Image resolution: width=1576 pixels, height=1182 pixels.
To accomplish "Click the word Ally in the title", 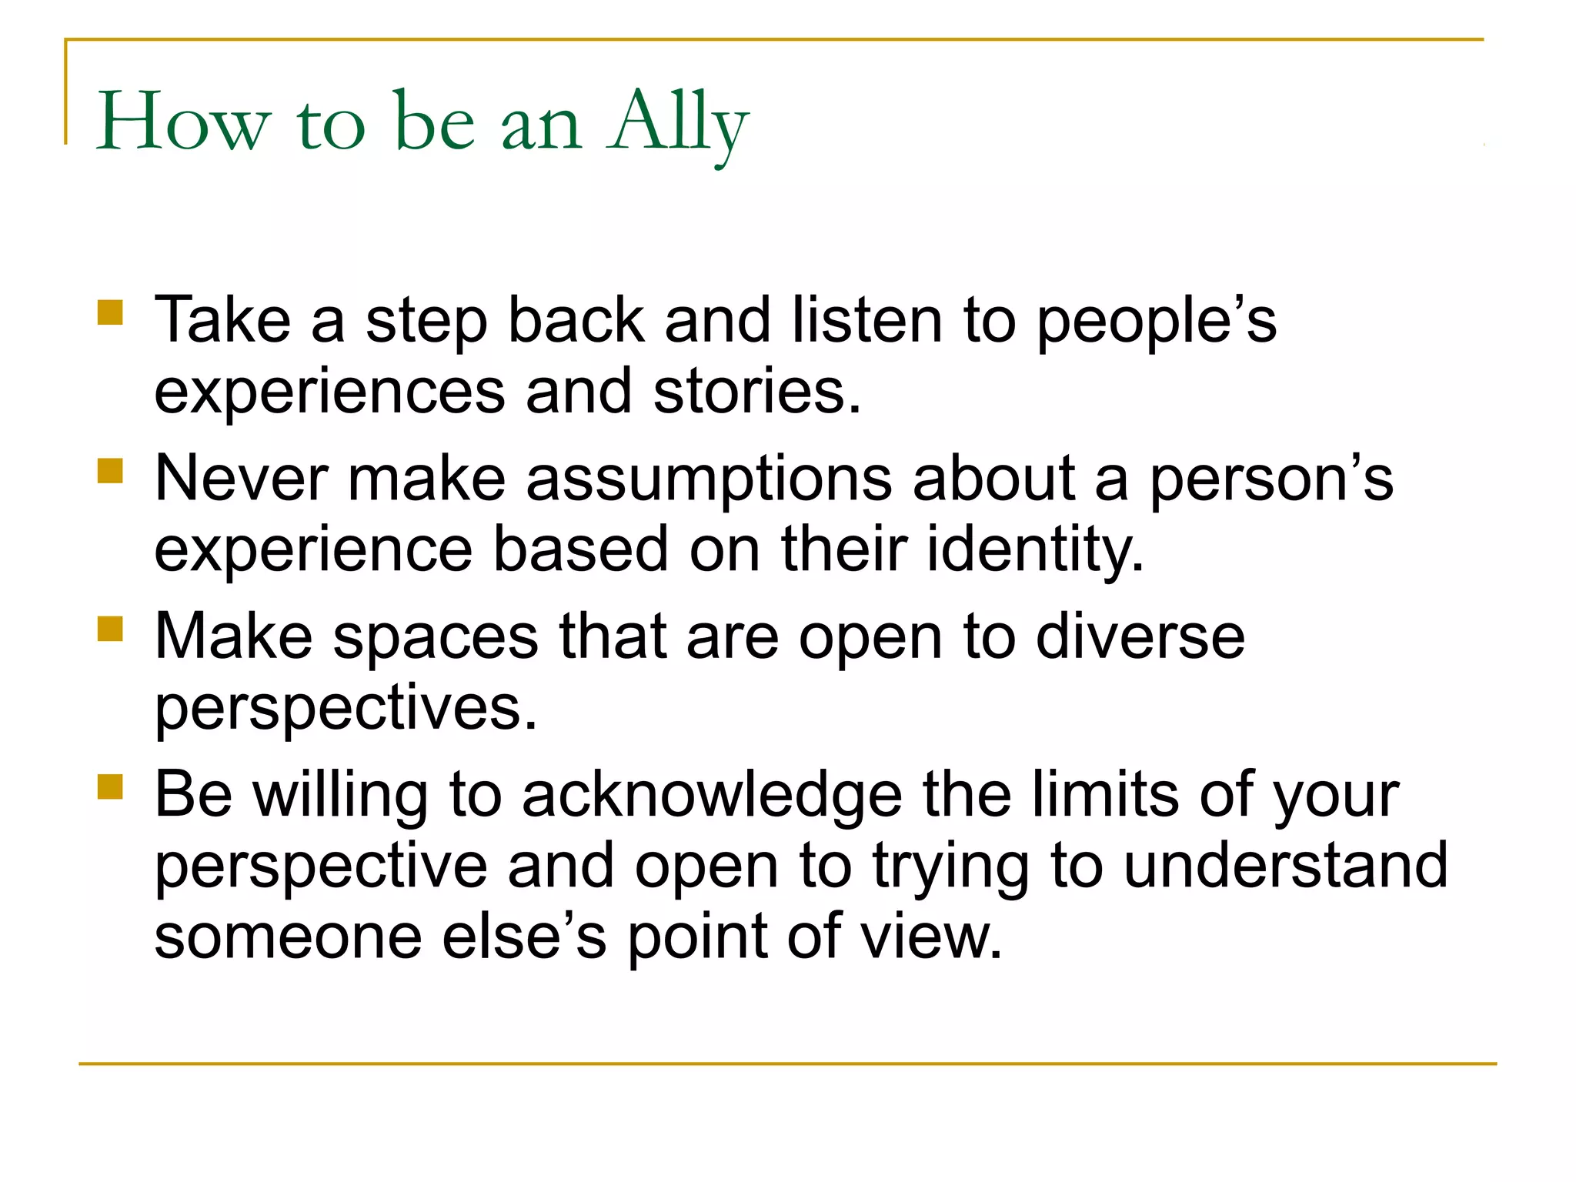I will coord(677,123).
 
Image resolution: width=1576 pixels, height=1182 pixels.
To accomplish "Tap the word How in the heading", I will coord(183,123).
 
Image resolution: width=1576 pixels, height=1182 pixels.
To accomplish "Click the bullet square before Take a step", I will coord(110,313).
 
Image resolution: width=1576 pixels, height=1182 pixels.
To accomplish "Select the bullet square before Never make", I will coord(110,471).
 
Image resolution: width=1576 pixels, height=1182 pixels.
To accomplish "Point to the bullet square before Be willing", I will coord(110,787).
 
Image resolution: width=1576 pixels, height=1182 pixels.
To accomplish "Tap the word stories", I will coord(756,392).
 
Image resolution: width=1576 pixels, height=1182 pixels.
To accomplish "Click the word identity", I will coord(1035,549).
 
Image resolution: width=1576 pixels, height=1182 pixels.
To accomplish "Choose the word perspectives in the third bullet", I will coord(346,708).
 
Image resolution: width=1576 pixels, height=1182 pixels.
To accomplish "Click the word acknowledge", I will coord(712,795).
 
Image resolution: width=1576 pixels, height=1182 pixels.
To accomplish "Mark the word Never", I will coord(241,479).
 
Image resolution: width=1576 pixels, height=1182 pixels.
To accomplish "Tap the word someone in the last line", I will coord(288,937).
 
